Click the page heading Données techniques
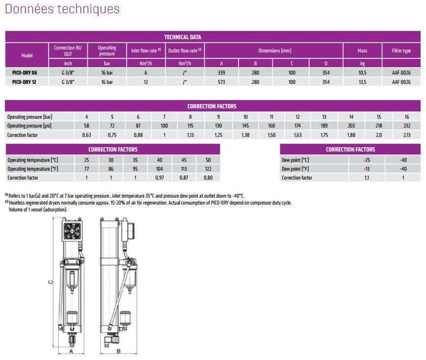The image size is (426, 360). coord(62,9)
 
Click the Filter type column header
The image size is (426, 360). coord(401,51)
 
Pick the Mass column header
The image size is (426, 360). coord(362,51)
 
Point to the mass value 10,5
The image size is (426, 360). coord(362,73)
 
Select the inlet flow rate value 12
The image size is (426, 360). coord(146,82)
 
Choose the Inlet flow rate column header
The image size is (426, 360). coord(146,51)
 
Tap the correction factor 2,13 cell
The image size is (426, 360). coord(407,135)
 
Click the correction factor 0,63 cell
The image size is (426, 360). coord(87,135)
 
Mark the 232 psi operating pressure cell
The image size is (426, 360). coord(407,126)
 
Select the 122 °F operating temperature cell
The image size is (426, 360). coord(208,169)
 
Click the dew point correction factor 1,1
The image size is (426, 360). coord(367,178)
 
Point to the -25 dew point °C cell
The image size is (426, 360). coord(367,159)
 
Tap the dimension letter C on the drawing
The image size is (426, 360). coord(50,282)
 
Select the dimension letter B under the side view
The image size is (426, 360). coord(119,351)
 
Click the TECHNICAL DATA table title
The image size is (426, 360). coord(182,37)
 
